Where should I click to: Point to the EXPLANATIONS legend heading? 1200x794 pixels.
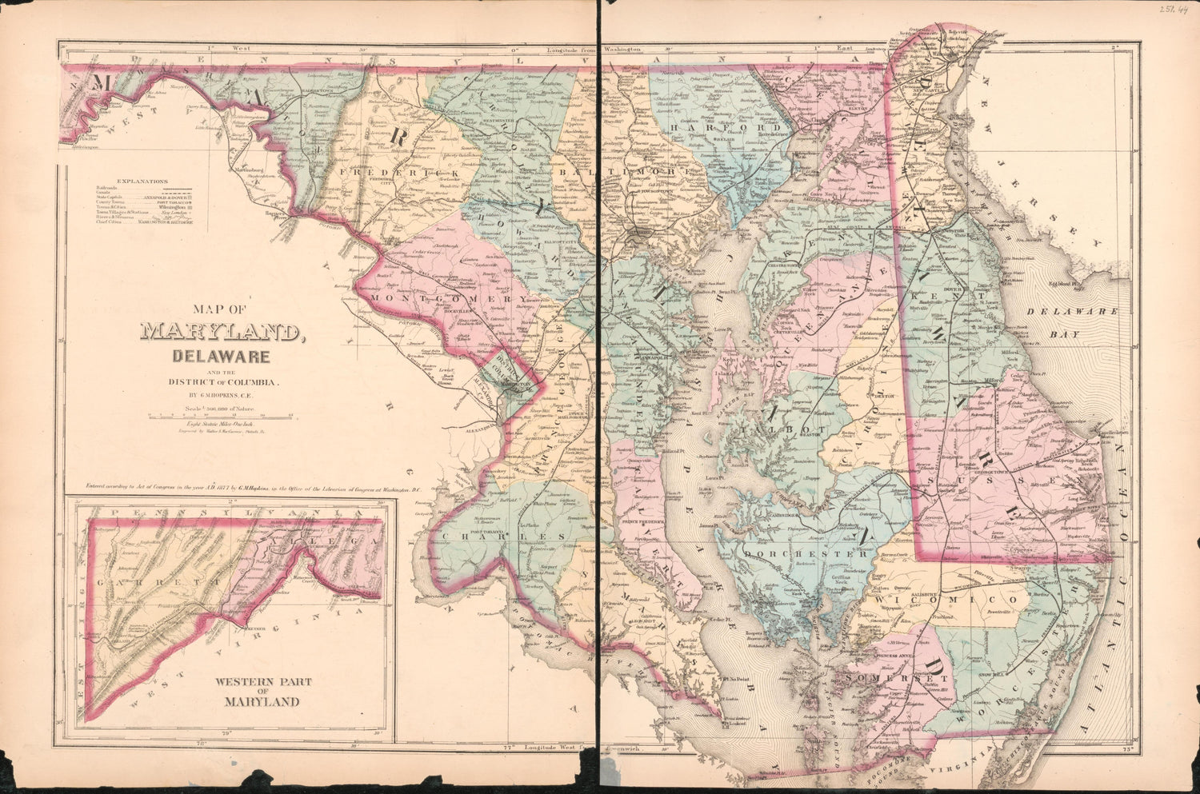[x=142, y=182]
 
